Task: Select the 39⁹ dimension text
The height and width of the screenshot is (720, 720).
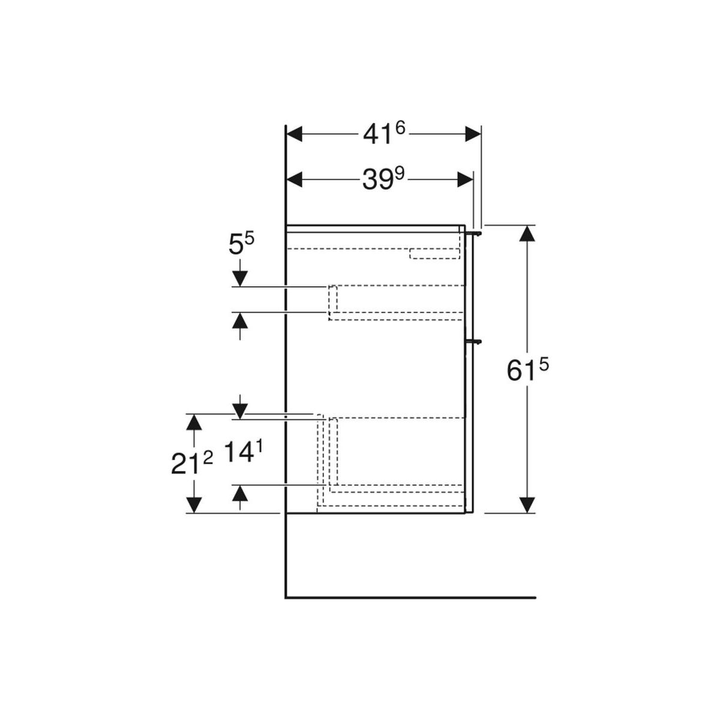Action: click(x=384, y=179)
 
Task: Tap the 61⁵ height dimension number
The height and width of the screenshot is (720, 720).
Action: click(x=527, y=370)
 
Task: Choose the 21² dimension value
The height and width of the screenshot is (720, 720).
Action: click(x=192, y=464)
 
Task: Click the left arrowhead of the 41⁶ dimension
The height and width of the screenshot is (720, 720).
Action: click(x=294, y=134)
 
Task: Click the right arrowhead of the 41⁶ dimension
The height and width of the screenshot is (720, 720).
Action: click(x=473, y=134)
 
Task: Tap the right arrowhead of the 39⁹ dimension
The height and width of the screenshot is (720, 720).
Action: click(x=465, y=179)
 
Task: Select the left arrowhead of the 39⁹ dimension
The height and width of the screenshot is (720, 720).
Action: click(x=294, y=179)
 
